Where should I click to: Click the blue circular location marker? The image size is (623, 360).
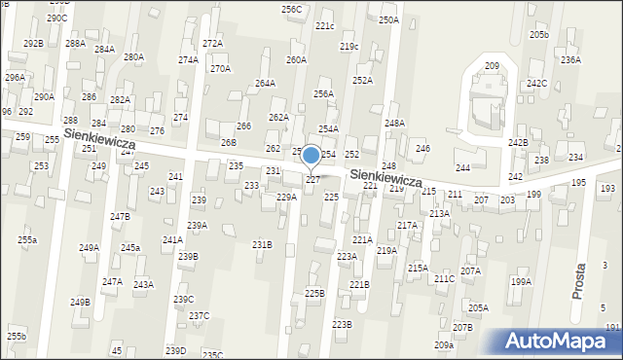[x=311, y=155]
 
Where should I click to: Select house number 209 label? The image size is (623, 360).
[x=492, y=66]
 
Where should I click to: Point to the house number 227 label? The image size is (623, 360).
[x=312, y=180]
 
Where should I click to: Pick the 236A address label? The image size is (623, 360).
[x=570, y=60]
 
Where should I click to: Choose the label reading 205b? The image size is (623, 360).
[x=539, y=35]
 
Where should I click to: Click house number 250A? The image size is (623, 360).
[x=388, y=20]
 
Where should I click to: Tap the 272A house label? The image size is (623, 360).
[x=212, y=44]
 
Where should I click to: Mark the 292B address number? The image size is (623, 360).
[x=33, y=44]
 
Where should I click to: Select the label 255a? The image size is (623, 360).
[x=26, y=240]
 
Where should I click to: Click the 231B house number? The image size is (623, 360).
[x=262, y=245]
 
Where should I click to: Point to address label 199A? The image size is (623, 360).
[x=521, y=282]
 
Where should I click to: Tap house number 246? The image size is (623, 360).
[x=422, y=149]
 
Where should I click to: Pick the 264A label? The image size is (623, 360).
[x=265, y=84]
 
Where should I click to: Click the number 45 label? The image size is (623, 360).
[x=117, y=350]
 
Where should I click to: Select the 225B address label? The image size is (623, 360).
[x=313, y=293]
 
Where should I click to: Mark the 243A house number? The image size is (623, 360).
[x=143, y=285]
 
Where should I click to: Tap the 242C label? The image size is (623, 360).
[x=536, y=84]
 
